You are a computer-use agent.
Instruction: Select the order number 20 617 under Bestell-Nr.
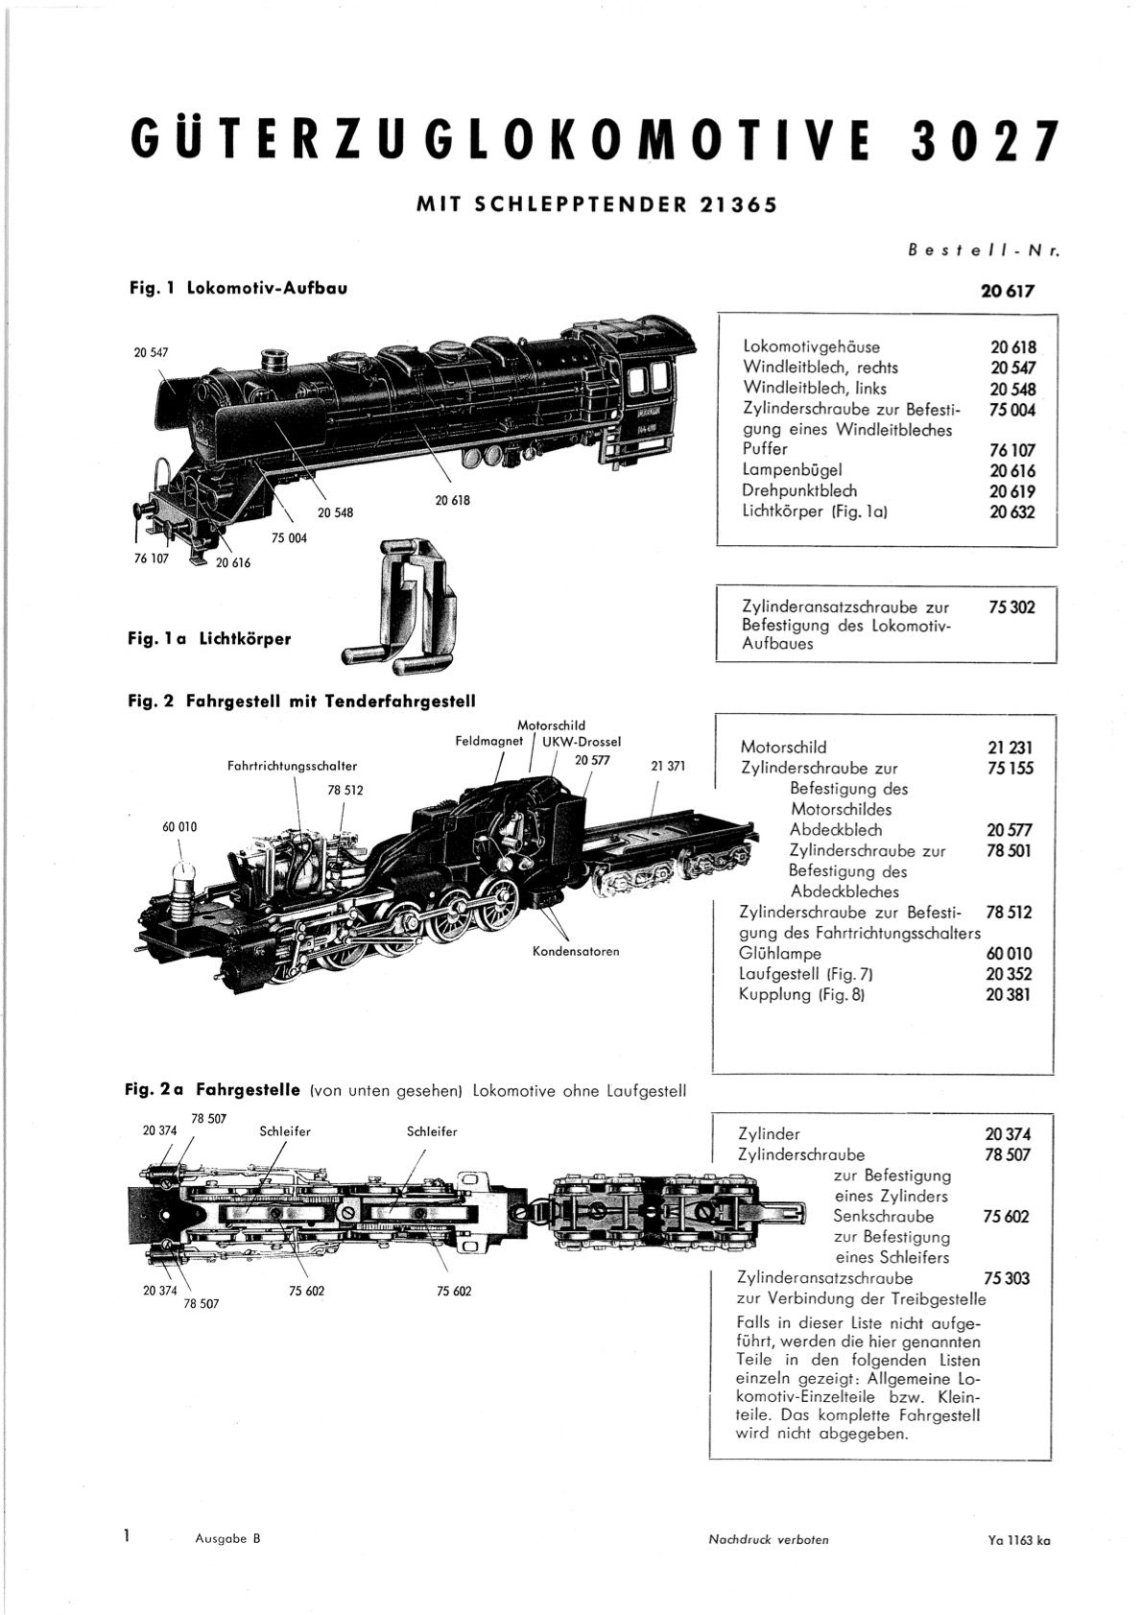click(1008, 292)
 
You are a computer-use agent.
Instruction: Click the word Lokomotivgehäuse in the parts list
click(811, 346)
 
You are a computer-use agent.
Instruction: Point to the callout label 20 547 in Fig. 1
click(152, 353)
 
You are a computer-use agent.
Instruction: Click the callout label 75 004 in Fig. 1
click(289, 537)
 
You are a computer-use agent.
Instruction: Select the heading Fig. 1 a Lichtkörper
click(210, 639)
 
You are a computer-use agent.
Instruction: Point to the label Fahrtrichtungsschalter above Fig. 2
click(292, 767)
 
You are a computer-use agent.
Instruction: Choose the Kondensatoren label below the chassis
click(576, 952)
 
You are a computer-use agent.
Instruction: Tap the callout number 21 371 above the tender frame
click(668, 767)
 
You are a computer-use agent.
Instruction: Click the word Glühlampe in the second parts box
click(780, 954)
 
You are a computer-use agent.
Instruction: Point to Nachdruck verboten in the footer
click(769, 1543)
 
